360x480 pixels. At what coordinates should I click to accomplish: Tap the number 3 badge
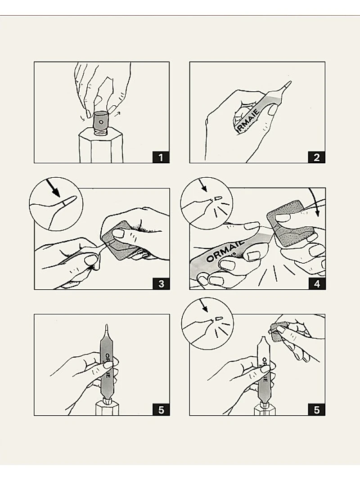coord(161,283)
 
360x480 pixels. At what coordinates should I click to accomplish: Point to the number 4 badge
coord(316,283)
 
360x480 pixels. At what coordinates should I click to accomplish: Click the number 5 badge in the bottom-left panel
coord(161,409)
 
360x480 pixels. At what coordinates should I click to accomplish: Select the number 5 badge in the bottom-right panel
coord(316,409)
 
